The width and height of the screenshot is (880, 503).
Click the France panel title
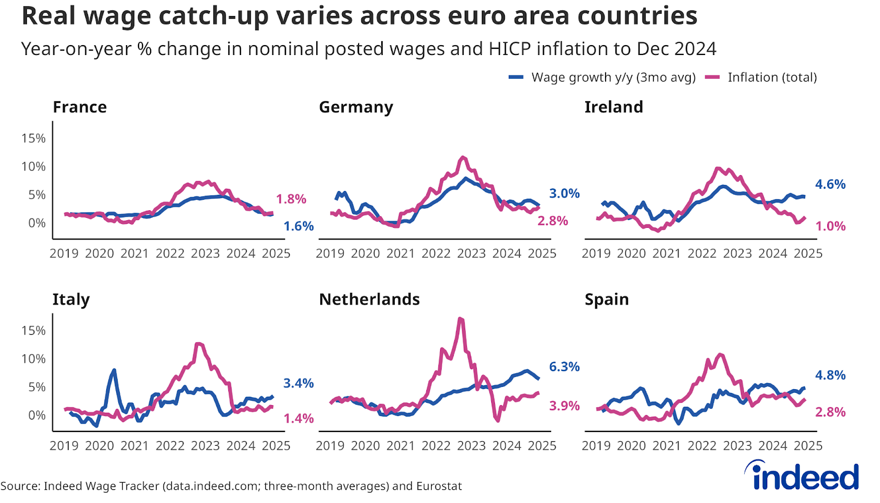pyautogui.click(x=80, y=107)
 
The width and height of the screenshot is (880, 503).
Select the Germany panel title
pyautogui.click(x=356, y=107)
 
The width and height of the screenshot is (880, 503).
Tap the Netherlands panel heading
pyautogui.click(x=369, y=299)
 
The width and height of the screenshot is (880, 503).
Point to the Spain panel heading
pyautogui.click(x=607, y=299)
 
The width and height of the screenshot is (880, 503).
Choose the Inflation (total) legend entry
pyautogui.click(x=762, y=78)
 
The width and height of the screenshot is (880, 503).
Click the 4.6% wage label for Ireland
pyautogui.click(x=830, y=184)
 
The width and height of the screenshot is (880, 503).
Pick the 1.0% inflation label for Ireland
pyautogui.click(x=830, y=226)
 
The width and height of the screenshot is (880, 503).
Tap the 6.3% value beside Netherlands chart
pyautogui.click(x=564, y=367)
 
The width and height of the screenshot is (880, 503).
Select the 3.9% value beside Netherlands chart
pyautogui.click(x=564, y=406)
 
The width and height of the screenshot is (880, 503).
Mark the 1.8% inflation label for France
pyautogui.click(x=291, y=199)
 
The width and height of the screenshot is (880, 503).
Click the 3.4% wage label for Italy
pyautogui.click(x=298, y=384)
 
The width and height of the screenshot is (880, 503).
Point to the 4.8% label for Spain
pyautogui.click(x=830, y=375)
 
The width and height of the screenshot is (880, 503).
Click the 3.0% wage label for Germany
pyautogui.click(x=564, y=194)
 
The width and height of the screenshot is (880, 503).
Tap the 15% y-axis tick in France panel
pyautogui.click(x=34, y=139)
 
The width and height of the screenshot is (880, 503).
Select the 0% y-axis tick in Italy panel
pyautogui.click(x=37, y=415)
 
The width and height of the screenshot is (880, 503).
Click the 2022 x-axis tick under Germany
pyautogui.click(x=436, y=254)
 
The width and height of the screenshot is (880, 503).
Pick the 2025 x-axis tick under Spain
pyautogui.click(x=808, y=446)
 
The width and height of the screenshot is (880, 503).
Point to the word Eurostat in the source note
pyautogui.click(x=439, y=486)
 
